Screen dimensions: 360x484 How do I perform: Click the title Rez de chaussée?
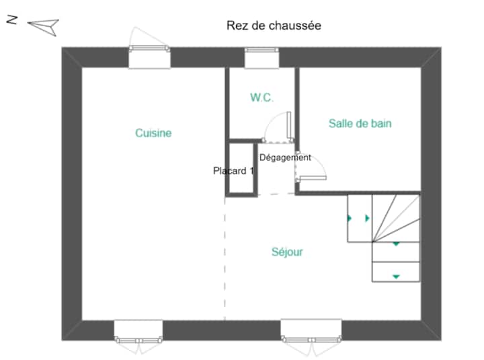[274, 26]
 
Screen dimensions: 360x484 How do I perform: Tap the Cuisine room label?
[153, 133]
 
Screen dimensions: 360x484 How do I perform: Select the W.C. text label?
[262, 98]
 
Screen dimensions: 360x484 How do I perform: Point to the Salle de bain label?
[360, 124]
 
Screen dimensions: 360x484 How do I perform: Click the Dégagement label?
[285, 157]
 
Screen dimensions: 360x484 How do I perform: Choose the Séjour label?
[287, 252]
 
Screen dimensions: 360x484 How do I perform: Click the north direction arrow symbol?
[43, 26]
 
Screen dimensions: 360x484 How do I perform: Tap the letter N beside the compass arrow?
[11, 20]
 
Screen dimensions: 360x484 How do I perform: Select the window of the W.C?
[261, 57]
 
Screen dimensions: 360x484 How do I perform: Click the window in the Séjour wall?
[311, 330]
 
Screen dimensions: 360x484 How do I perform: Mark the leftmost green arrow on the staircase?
[350, 218]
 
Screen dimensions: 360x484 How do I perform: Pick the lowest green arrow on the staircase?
[396, 276]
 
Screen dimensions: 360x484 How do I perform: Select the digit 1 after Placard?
[251, 171]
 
